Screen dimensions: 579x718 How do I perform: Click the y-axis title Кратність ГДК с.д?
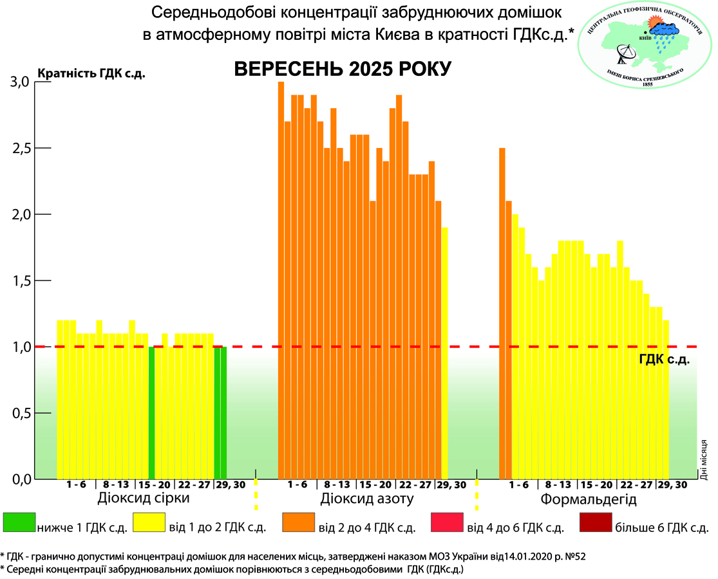point(92,73)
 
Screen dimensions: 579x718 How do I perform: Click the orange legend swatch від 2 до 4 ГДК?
point(298,524)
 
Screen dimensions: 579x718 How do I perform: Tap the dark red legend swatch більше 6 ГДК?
point(596,524)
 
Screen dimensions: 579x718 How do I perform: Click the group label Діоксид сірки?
point(144,500)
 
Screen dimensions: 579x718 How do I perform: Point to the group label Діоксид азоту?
point(366,500)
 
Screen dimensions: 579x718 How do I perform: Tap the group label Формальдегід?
point(589,500)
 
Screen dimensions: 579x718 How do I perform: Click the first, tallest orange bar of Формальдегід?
point(502,314)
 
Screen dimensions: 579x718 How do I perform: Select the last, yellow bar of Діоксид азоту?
point(444,353)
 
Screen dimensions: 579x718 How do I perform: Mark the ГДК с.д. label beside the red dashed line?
point(665,360)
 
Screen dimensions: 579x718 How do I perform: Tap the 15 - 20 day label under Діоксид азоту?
point(375,485)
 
